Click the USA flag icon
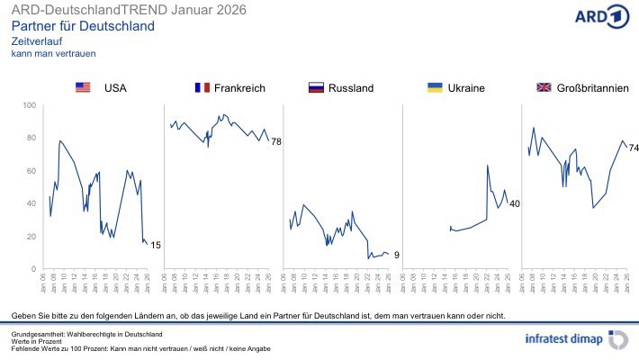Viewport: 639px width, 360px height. coord(84,87)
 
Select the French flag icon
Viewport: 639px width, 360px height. coord(202,87)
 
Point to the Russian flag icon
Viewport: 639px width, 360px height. coord(315,87)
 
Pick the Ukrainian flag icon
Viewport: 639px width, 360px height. coord(434,87)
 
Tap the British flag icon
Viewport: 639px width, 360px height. coord(544,87)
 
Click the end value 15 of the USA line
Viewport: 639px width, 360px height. coord(156,245)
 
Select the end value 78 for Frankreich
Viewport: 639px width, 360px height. coord(276,141)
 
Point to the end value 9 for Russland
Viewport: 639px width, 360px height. coord(396,256)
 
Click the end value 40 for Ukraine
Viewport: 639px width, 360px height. coord(515,204)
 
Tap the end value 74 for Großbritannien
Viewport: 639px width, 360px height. coord(634,148)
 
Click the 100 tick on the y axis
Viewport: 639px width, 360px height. coord(29,106)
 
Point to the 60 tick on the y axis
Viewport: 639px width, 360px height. coord(31,171)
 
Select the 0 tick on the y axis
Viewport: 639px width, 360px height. coord(33,269)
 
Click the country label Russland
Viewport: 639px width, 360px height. coord(351,87)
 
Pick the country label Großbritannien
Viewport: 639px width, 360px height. coord(592,87)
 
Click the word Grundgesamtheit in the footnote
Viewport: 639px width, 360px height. coord(35,334)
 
